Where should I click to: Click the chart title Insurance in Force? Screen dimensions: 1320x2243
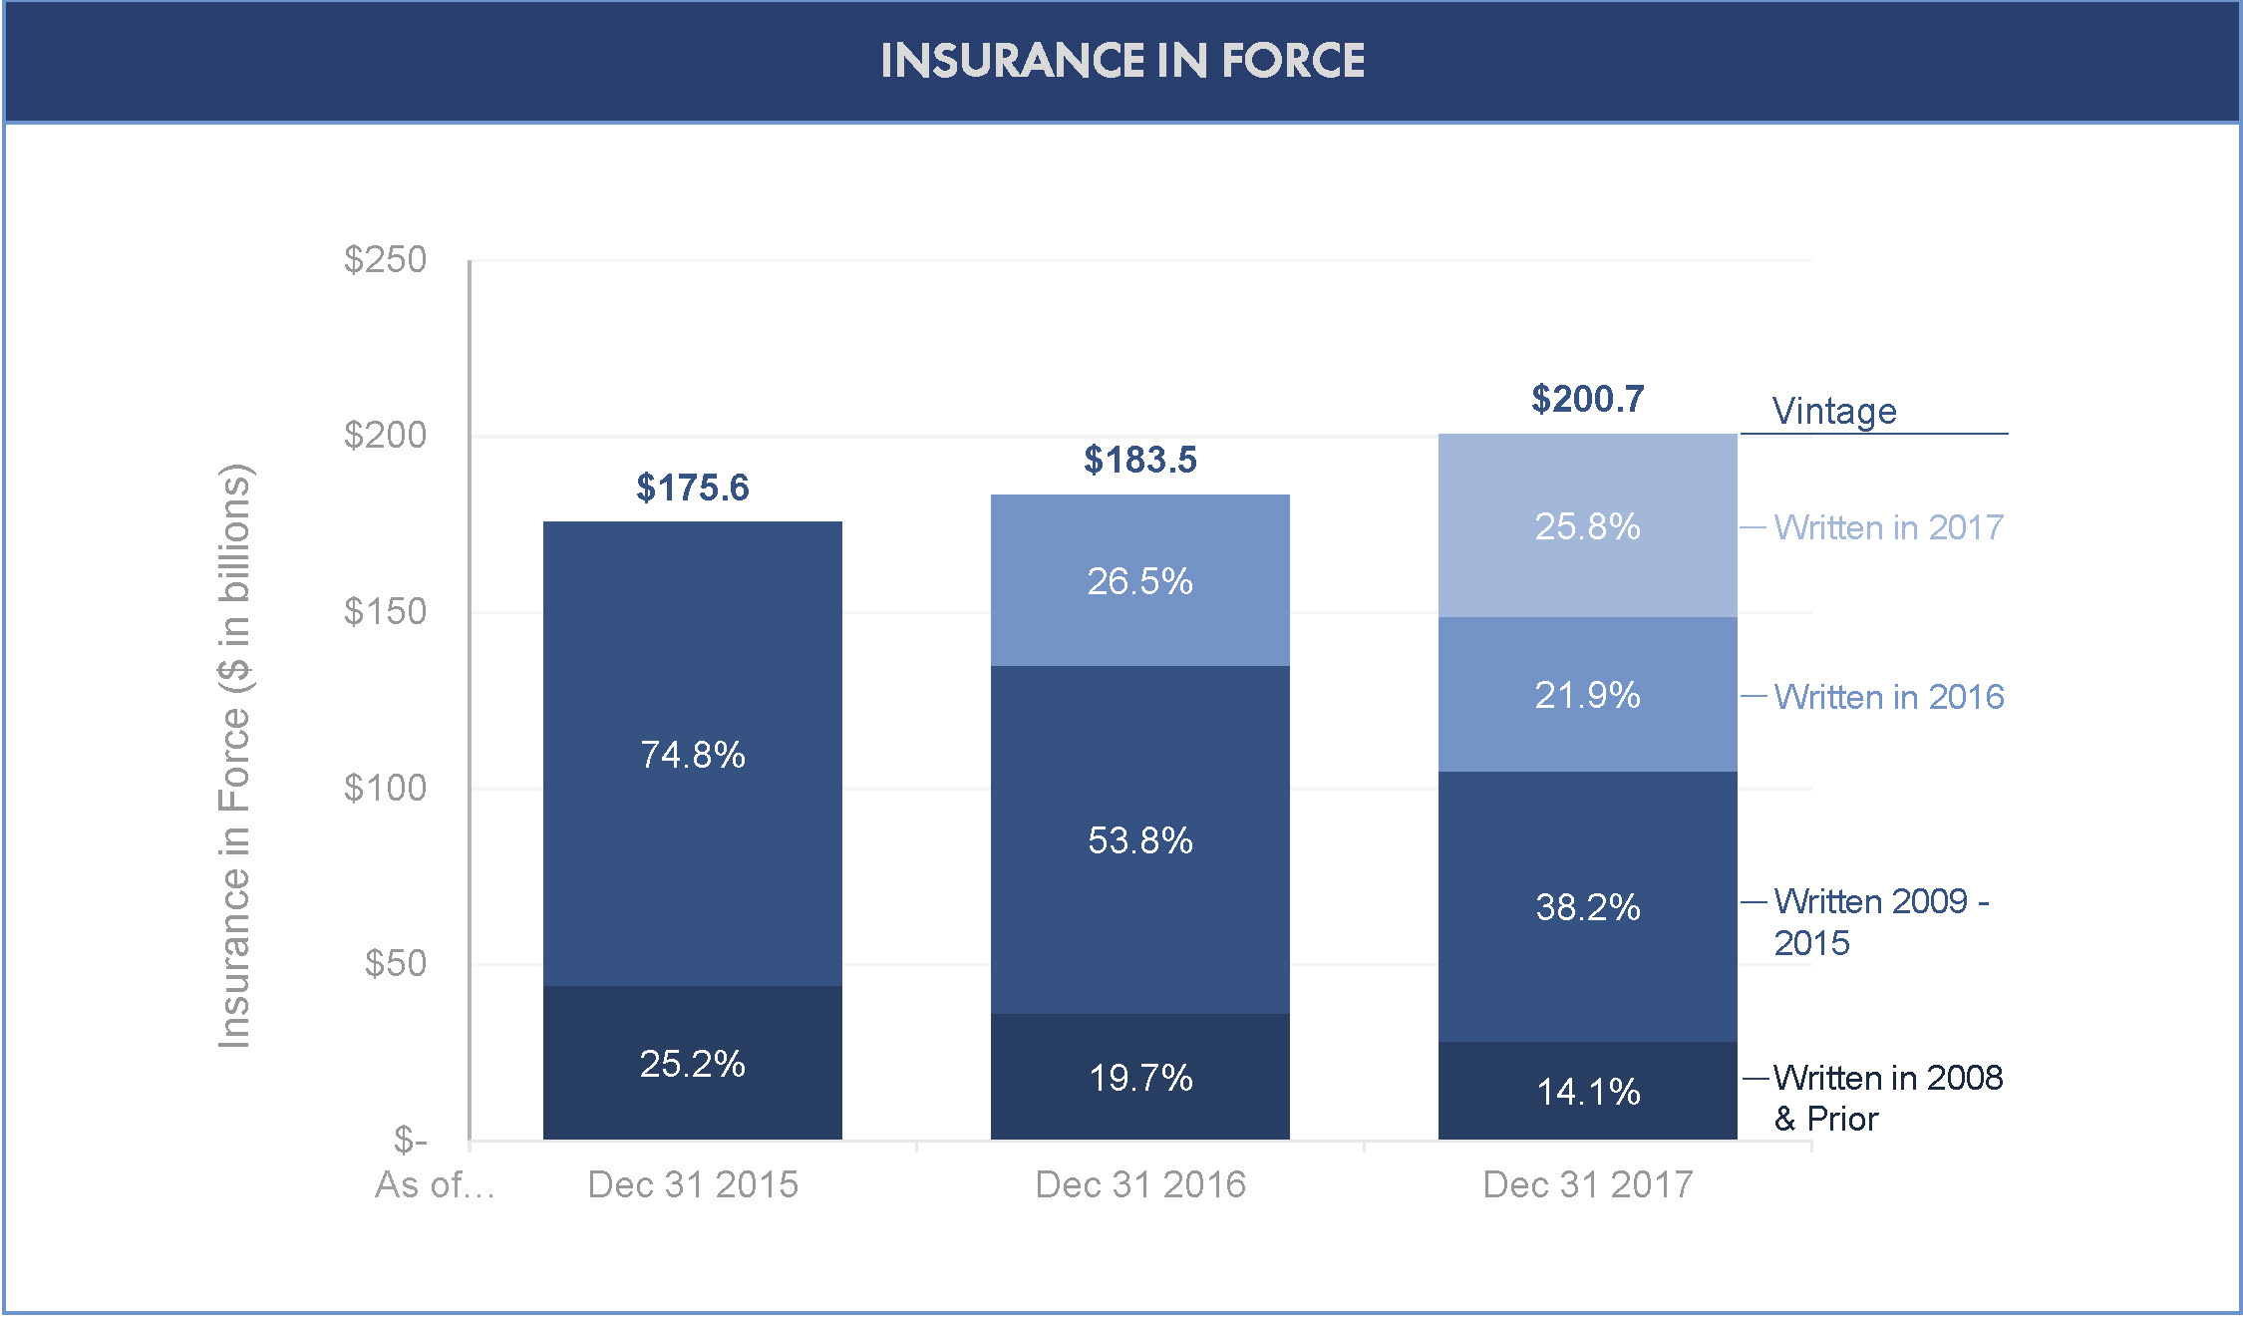click(1122, 61)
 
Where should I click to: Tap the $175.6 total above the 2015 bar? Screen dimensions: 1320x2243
click(693, 488)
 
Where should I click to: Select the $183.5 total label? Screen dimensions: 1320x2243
click(1140, 460)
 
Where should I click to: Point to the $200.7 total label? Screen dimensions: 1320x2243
click(1587, 399)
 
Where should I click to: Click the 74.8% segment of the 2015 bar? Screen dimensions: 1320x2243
click(693, 755)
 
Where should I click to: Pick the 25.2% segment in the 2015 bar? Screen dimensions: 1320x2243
click(693, 1064)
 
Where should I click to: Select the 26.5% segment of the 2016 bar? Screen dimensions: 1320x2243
click(1139, 581)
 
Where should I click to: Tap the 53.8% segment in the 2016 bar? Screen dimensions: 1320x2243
click(1139, 840)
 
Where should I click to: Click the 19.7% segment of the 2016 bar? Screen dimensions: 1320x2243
click(1139, 1078)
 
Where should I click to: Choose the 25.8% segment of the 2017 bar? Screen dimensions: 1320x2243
click(1587, 526)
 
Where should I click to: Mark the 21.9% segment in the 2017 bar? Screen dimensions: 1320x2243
click(1587, 695)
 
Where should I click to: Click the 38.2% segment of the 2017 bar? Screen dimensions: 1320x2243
click(1587, 907)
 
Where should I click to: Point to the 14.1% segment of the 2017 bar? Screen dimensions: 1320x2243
click(1587, 1092)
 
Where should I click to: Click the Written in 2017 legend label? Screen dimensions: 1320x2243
click(1888, 527)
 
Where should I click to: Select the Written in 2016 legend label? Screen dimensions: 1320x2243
click(1888, 697)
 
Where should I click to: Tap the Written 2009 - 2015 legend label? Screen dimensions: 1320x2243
click(1880, 921)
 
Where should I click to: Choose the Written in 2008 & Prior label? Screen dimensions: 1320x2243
click(1887, 1098)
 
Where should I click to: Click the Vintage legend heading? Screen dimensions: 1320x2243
click(1834, 411)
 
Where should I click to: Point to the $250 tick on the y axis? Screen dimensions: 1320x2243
click(385, 260)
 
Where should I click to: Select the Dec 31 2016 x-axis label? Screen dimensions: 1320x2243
click(1140, 1184)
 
